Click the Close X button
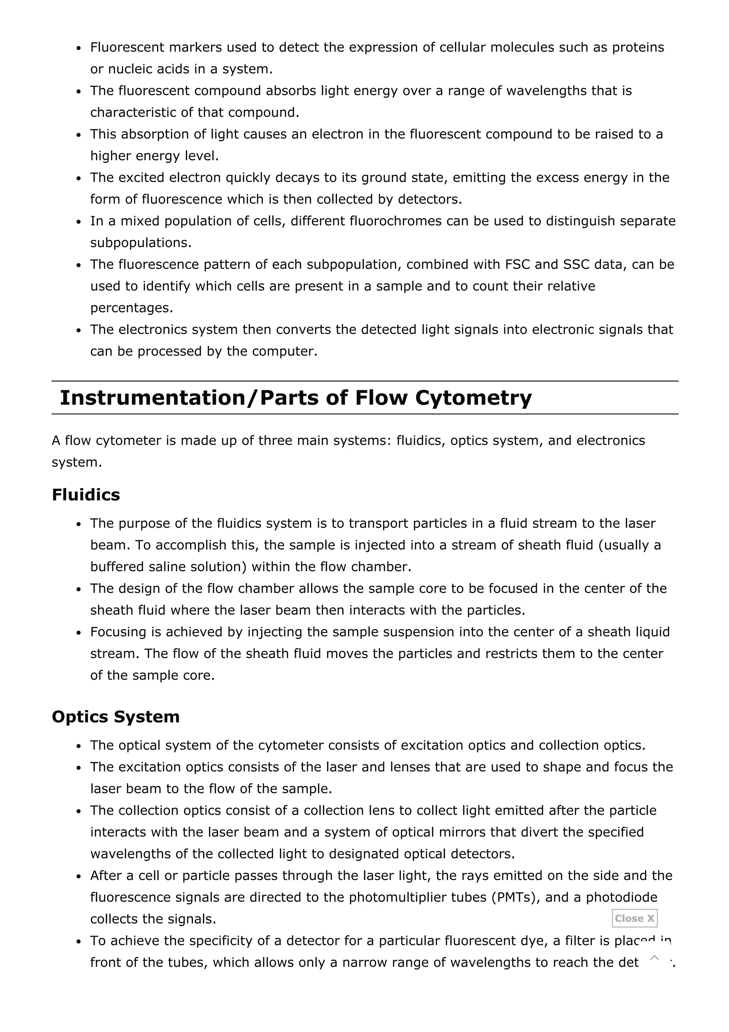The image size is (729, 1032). click(634, 918)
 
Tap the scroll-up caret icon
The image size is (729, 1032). click(655, 958)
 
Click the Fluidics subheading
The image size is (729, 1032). click(86, 495)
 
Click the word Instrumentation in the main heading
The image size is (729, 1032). click(153, 398)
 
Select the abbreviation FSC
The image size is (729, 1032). click(518, 264)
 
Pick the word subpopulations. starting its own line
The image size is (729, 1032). click(141, 243)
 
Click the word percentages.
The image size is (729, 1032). click(131, 308)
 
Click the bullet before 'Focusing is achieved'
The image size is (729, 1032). click(79, 633)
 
